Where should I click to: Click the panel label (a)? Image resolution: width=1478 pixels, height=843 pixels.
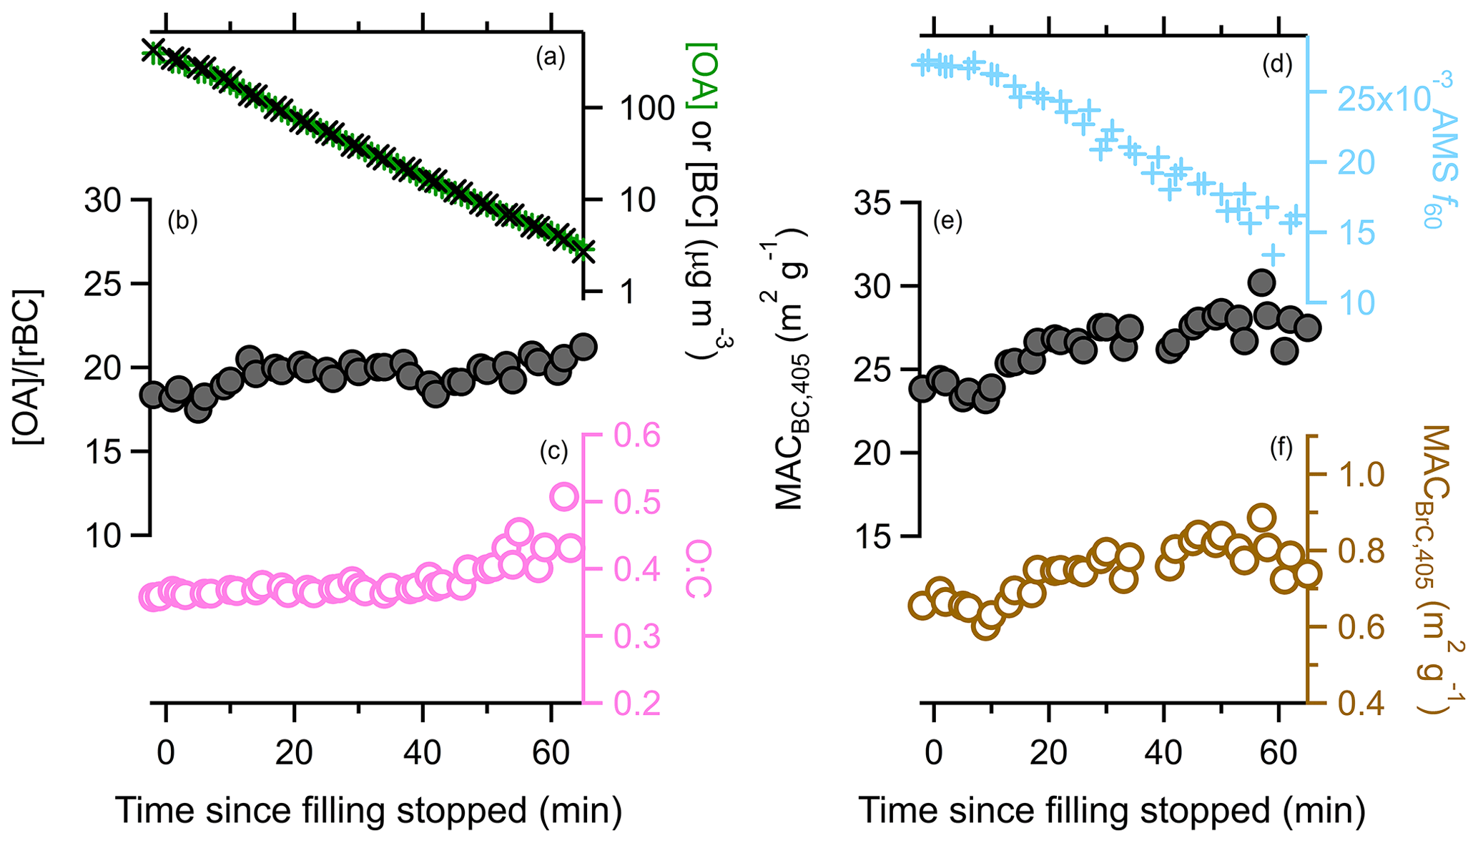(551, 58)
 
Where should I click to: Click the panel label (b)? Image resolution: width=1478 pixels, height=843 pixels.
(182, 222)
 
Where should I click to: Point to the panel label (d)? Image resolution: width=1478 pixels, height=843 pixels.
(1278, 64)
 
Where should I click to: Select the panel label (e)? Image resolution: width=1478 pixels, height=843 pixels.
(947, 222)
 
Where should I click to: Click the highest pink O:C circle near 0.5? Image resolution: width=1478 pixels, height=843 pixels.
(563, 496)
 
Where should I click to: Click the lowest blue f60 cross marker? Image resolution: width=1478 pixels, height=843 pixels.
(1272, 255)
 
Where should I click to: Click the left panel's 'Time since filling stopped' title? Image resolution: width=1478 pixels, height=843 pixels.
(368, 810)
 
